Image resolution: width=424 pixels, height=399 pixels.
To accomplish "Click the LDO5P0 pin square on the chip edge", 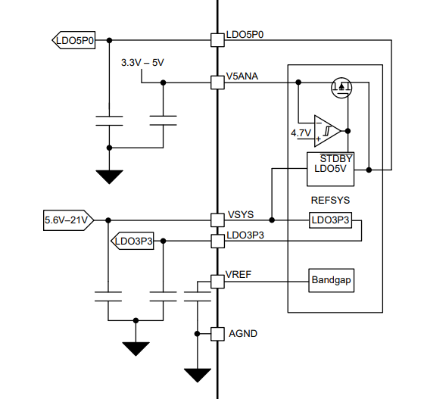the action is (217, 40).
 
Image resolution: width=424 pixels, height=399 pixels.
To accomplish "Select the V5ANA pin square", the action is (217, 83).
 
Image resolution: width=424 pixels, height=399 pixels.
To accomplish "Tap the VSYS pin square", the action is (217, 220).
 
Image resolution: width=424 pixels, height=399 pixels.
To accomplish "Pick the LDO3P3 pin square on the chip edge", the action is (217, 241).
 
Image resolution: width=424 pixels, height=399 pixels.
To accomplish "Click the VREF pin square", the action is (217, 282).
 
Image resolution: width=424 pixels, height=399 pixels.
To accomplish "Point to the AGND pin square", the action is (217, 334).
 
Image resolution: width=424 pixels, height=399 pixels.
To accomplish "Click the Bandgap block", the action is (332, 280).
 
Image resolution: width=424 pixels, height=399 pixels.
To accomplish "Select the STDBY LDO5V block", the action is (330, 170).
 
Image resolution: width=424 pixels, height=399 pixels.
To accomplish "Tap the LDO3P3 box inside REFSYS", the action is (330, 220).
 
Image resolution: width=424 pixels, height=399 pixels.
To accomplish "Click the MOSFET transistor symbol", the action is (341, 88).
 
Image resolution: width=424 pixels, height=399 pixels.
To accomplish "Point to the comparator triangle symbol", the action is (327, 131).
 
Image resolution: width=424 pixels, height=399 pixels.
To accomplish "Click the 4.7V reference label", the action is (301, 133).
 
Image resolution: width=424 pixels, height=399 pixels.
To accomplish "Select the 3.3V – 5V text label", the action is (142, 63).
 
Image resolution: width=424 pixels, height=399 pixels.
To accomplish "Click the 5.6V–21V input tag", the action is (68, 220).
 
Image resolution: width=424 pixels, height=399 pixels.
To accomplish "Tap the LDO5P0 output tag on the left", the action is (73, 40).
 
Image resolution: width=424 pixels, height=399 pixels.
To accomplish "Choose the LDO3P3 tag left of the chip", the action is (132, 241).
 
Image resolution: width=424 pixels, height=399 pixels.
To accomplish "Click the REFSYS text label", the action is (330, 201).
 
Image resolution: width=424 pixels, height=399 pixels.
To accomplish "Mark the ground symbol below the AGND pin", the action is (198, 376).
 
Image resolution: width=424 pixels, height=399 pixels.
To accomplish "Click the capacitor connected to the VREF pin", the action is (198, 296).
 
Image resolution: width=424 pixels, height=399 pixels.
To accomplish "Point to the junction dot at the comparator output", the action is (348, 131).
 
